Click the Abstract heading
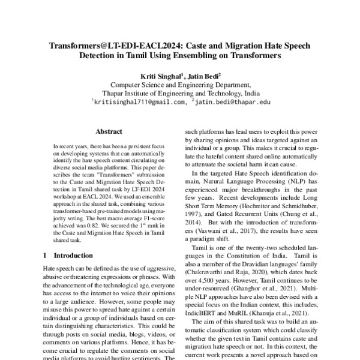point(109,130)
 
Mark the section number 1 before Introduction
point(44,256)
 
